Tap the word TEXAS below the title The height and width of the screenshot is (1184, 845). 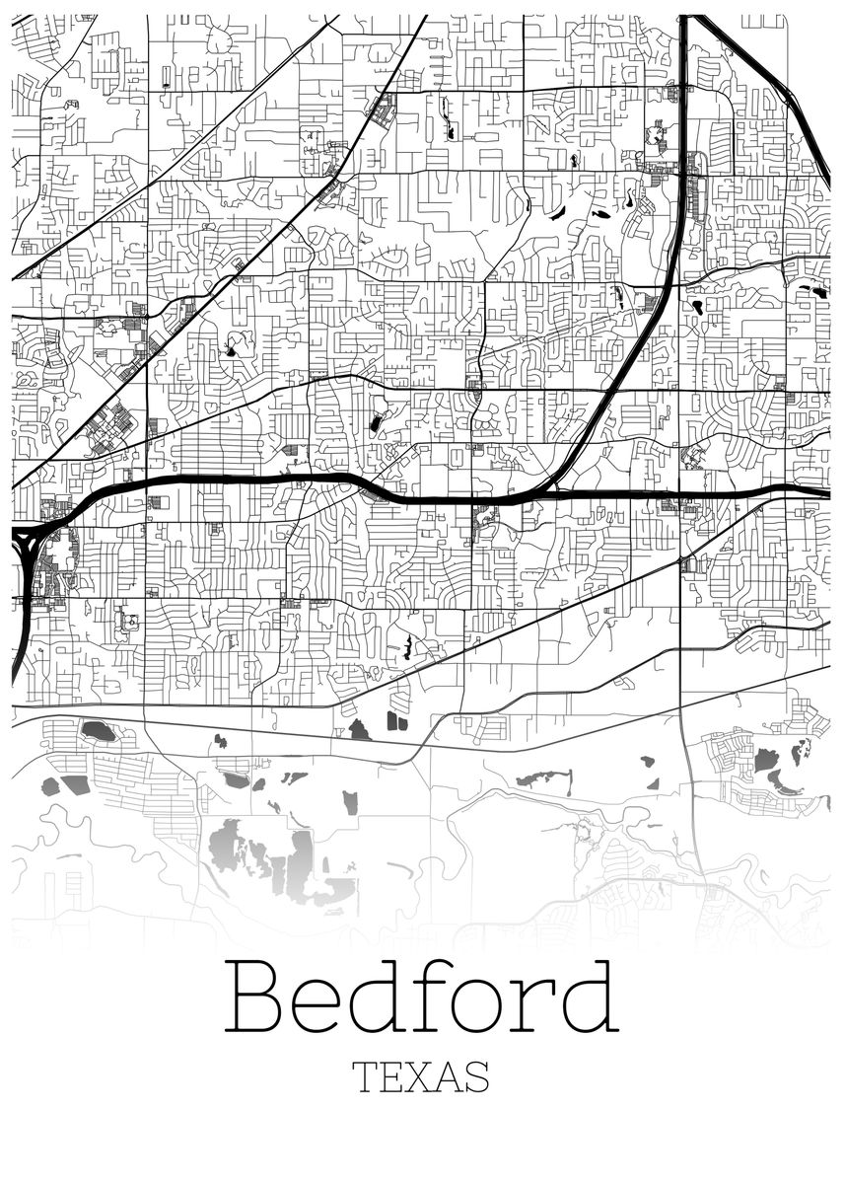pos(421,1077)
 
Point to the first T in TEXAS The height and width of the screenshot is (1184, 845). pos(364,1077)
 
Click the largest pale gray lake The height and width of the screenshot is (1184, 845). pos(229,845)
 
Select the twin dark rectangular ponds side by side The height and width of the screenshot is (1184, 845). pos(397,722)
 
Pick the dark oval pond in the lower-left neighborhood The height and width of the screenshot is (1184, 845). pos(97,731)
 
